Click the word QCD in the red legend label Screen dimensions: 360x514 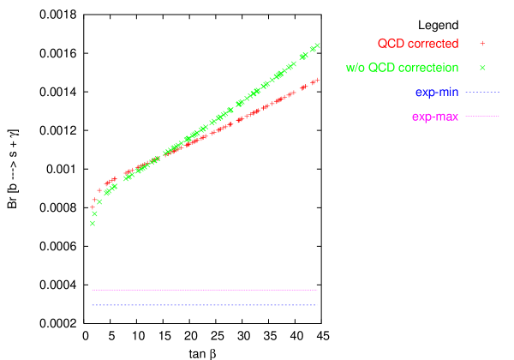[x=391, y=44]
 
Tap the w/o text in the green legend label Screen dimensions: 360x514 [x=356, y=68]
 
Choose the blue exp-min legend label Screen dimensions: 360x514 [x=437, y=92]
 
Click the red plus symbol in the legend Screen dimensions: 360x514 [x=482, y=43]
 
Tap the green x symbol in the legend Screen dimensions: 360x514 [x=482, y=67]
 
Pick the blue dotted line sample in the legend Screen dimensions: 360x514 [x=482, y=92]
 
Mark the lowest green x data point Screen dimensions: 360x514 [x=92, y=223]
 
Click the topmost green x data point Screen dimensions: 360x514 [x=317, y=45]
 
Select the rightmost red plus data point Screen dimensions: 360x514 [x=317, y=80]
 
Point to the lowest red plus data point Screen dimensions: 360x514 [x=93, y=207]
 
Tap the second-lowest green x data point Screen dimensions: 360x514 [x=94, y=213]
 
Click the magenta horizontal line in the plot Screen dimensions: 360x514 [x=206, y=290]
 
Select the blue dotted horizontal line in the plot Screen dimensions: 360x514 [x=206, y=305]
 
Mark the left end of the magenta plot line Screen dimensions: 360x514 [x=93, y=290]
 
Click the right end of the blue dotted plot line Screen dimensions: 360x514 [x=317, y=305]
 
